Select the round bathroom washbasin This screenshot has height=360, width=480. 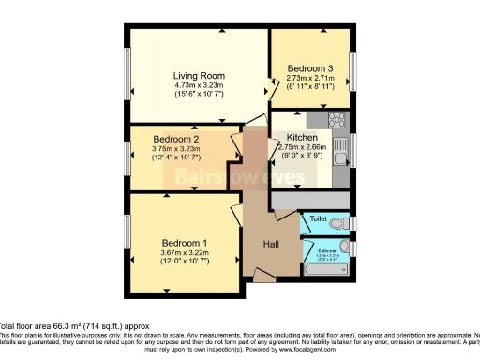(x=345, y=247)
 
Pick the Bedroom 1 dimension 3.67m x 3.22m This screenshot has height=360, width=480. (x=184, y=254)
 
